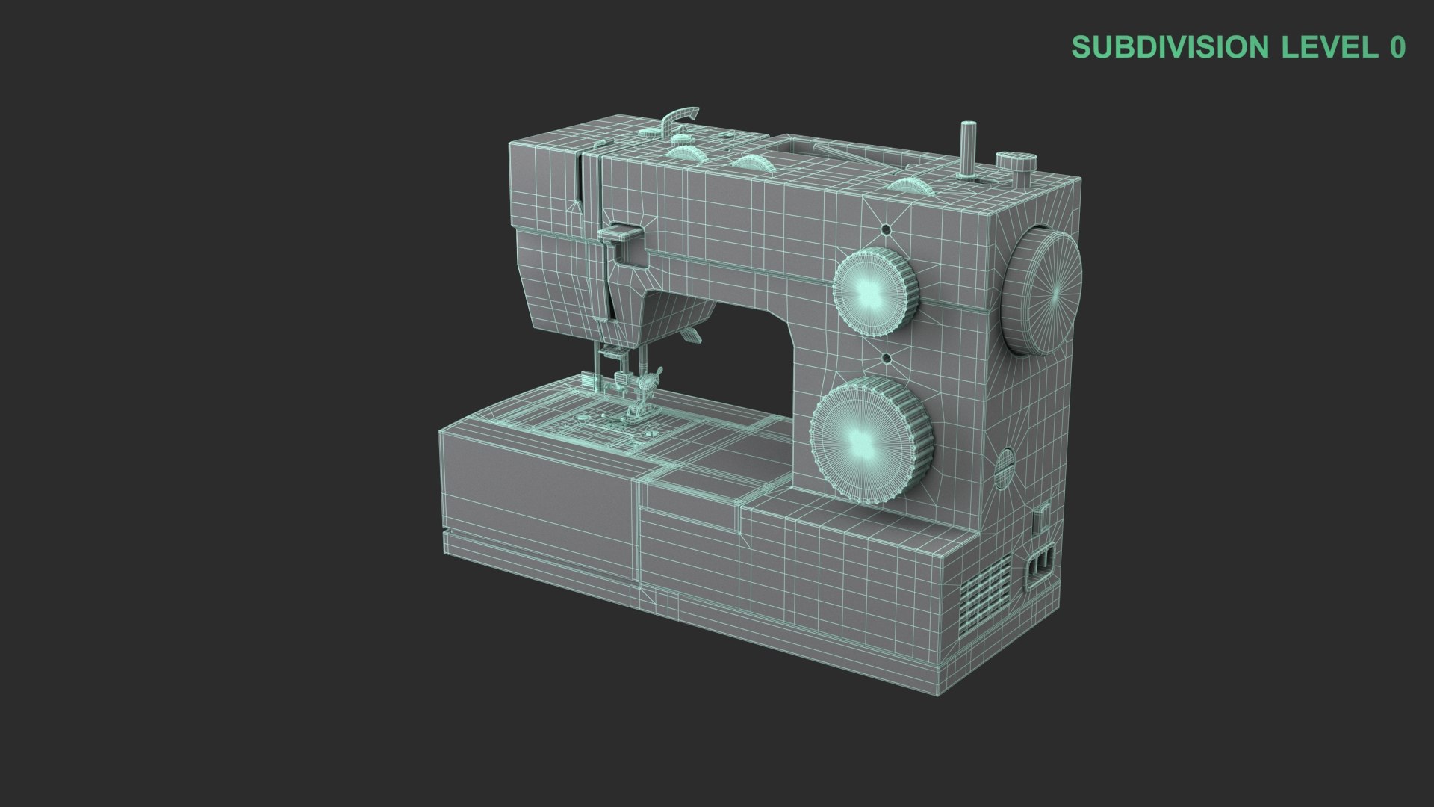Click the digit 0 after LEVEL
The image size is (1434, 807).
click(1397, 47)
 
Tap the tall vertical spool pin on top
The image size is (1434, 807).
click(969, 149)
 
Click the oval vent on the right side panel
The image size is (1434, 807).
click(1006, 469)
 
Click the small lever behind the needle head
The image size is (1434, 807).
click(691, 336)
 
